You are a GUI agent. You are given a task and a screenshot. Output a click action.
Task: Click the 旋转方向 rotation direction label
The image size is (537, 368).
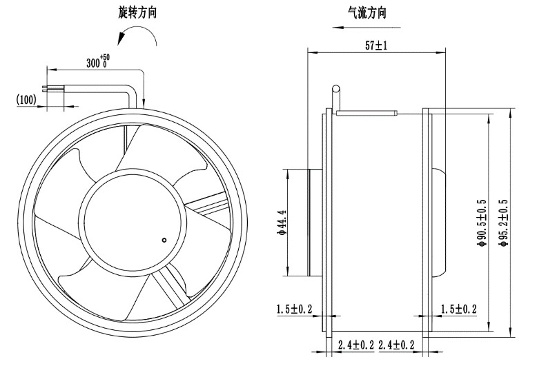coord(137,12)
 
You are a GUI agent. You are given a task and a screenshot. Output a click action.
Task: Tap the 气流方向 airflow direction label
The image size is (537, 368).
coord(367,12)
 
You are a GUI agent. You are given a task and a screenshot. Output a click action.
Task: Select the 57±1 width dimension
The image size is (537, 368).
coord(376,45)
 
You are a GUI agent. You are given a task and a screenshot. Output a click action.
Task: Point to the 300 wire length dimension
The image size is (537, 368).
coord(98,61)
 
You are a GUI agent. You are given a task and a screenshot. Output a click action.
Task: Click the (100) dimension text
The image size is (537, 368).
coord(26,99)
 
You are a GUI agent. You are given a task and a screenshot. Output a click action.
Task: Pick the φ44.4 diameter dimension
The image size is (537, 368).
coord(282,223)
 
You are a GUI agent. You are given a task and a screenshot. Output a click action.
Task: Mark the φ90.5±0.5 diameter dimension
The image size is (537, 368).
coord(481,223)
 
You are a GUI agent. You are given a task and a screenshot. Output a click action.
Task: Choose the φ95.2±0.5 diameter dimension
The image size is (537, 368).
coord(503,223)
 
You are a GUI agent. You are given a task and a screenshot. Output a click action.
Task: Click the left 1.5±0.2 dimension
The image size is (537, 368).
coord(295,309)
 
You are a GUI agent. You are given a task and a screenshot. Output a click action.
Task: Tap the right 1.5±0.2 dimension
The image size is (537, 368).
coord(458,309)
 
